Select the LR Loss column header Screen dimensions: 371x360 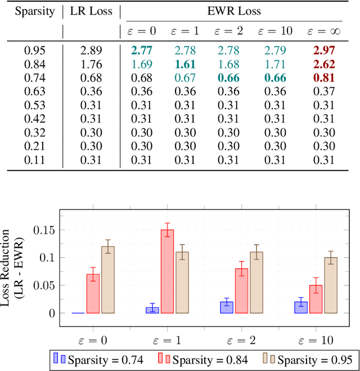coord(91,11)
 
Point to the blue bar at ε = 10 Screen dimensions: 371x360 coord(300,307)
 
